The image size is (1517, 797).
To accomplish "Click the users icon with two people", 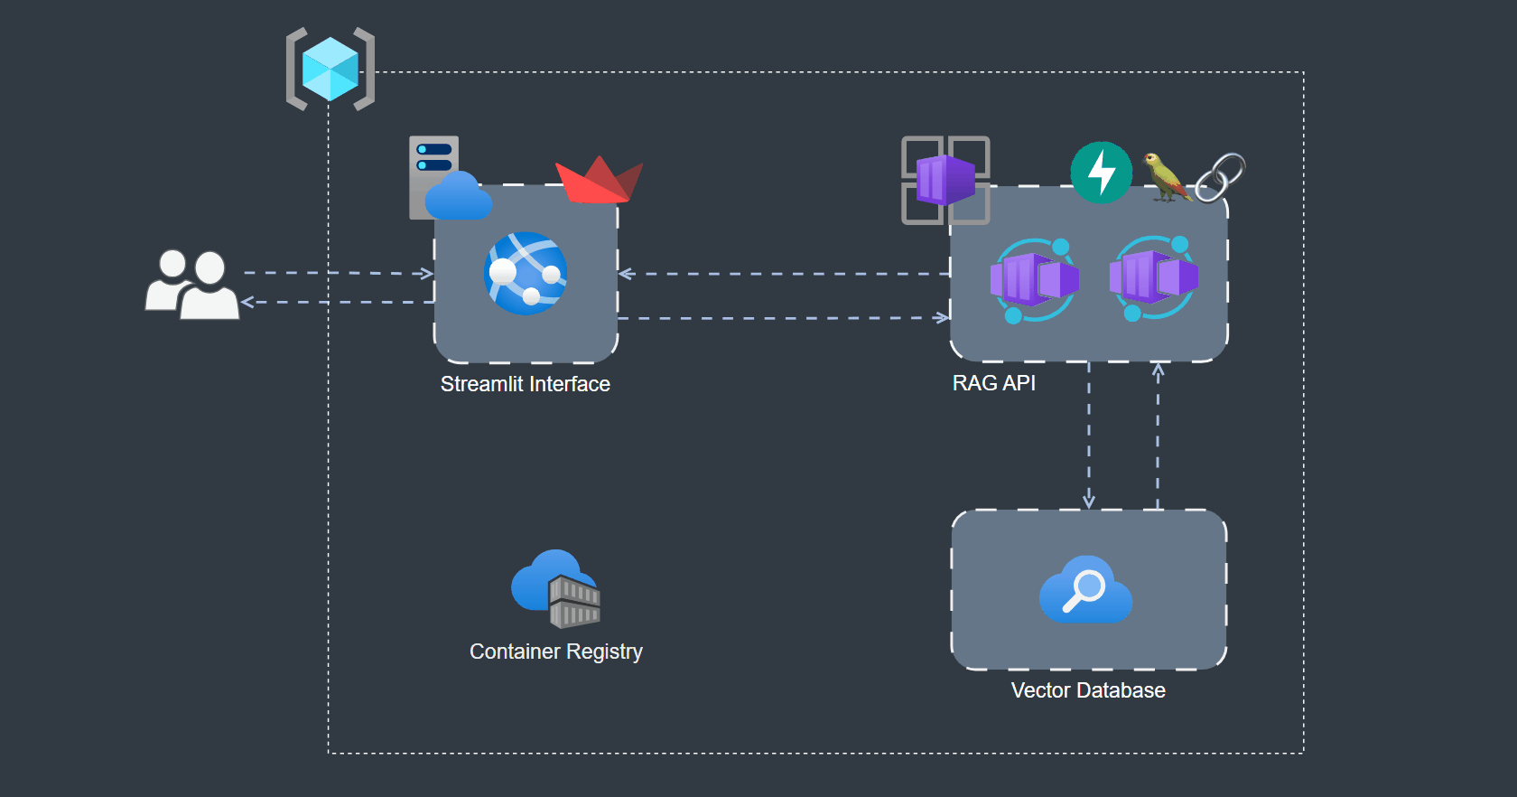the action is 192,284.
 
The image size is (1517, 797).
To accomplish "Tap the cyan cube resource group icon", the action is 330,69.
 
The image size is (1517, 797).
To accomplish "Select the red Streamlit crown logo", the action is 600,181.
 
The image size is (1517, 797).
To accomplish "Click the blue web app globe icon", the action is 526,273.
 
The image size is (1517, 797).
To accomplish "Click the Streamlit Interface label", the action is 526,384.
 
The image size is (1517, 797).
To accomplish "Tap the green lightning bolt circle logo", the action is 1102,172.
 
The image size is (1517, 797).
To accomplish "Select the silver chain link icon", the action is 1220,177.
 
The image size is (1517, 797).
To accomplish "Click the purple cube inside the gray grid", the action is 945,181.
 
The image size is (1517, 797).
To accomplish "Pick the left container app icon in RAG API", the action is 1035,280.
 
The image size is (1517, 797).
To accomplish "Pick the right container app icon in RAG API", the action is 1154,278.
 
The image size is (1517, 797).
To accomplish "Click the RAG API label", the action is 994,383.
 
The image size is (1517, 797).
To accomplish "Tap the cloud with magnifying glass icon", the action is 1085,589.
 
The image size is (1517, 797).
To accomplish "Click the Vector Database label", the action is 1088,690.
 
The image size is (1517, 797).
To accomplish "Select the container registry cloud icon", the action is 556,588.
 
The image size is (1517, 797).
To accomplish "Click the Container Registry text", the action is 556,652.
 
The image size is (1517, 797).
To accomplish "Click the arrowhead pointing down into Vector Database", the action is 1089,502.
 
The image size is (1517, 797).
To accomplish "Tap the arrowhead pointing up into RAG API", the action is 1158,370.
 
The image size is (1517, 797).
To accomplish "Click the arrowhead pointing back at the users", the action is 247,302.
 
